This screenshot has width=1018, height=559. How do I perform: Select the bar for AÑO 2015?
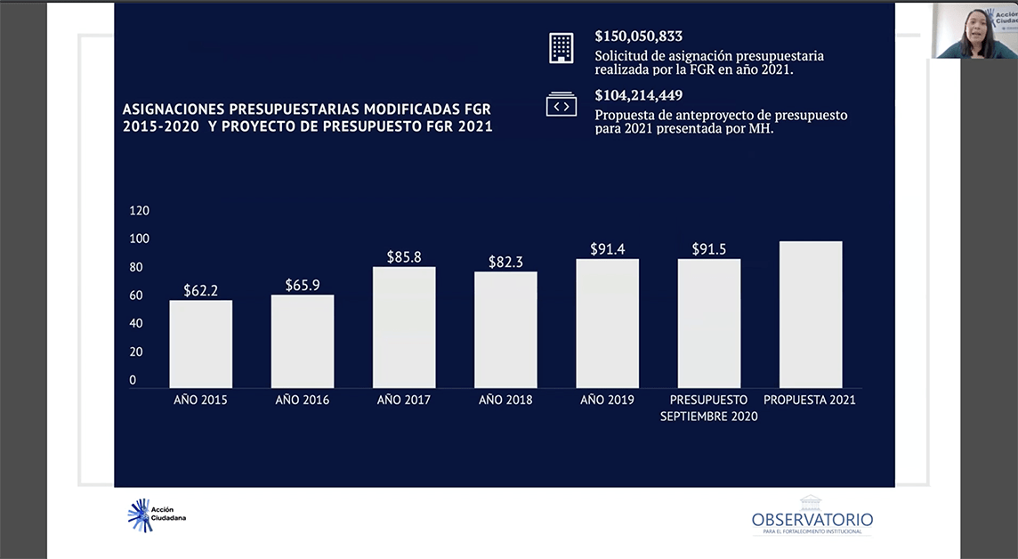click(201, 344)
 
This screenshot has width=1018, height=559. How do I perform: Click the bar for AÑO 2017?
click(404, 327)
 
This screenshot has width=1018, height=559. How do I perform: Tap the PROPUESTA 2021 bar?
click(811, 314)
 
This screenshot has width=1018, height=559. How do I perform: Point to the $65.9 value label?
click(303, 286)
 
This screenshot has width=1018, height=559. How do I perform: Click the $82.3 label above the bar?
click(505, 263)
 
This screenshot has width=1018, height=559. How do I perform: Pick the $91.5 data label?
click(709, 249)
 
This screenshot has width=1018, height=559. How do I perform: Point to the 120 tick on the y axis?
click(140, 211)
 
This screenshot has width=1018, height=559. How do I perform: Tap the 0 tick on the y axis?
click(133, 380)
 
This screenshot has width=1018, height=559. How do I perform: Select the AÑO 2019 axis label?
click(607, 401)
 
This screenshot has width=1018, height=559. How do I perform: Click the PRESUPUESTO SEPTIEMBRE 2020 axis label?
click(709, 408)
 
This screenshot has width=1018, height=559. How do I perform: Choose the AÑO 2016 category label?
click(303, 401)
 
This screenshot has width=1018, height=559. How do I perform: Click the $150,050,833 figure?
click(639, 36)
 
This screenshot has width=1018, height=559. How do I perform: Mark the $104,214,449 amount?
click(639, 96)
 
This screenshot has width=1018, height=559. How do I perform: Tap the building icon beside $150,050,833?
click(562, 48)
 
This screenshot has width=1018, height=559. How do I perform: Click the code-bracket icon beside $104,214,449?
click(562, 105)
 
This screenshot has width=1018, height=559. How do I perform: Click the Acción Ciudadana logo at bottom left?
click(157, 515)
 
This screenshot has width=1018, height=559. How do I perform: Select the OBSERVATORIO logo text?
click(812, 520)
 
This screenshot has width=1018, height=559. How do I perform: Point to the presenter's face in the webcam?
click(972, 23)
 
